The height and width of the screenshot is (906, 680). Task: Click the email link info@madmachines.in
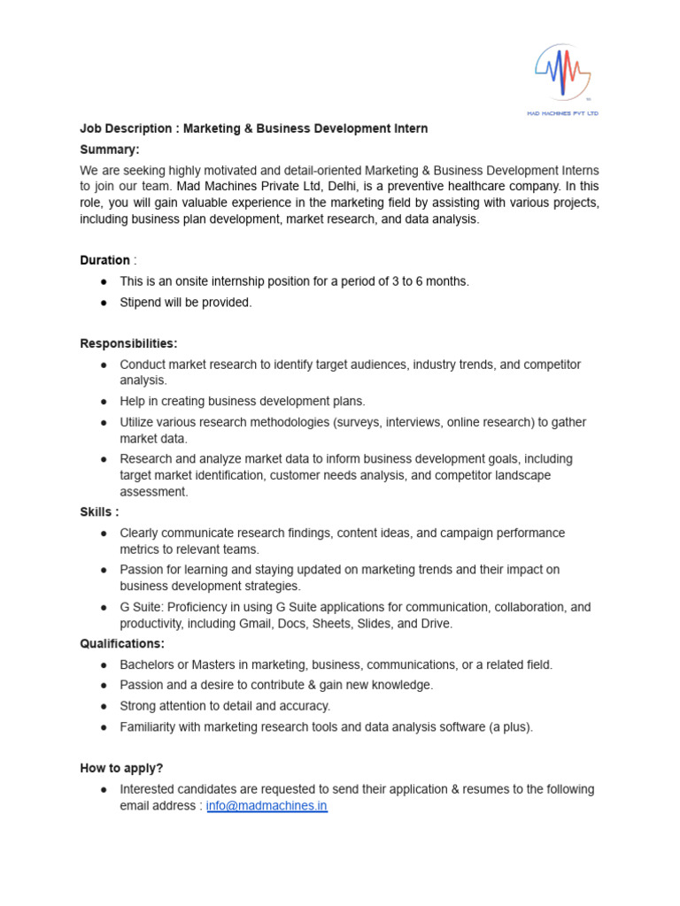pos(267,807)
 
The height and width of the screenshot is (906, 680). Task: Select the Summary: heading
pos(110,150)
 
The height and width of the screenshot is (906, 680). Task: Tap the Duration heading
pos(105,260)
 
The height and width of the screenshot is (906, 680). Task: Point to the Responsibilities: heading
pos(128,343)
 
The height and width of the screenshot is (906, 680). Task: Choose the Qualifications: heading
pos(122,643)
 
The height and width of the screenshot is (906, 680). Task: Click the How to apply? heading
pos(121,768)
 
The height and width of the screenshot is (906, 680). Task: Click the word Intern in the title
pos(409,128)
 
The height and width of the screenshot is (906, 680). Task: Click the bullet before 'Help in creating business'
pos(104,401)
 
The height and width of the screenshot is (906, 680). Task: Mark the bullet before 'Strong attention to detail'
pos(104,706)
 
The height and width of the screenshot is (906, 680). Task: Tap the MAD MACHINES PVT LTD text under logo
pos(563,113)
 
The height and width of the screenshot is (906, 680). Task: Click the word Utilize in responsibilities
pos(139,422)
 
